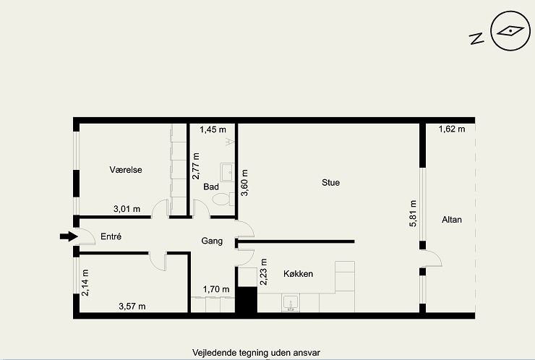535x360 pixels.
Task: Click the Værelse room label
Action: click(x=126, y=170)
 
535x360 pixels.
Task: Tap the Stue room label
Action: click(x=330, y=183)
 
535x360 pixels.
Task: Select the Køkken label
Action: click(x=298, y=274)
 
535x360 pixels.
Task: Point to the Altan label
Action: click(x=452, y=220)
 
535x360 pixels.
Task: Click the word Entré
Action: click(x=111, y=236)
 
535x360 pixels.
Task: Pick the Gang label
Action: click(x=212, y=241)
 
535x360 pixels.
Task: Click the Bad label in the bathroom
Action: click(x=211, y=187)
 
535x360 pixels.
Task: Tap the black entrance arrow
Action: click(x=69, y=236)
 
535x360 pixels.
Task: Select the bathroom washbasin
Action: click(x=227, y=172)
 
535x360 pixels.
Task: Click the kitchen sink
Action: click(x=291, y=303)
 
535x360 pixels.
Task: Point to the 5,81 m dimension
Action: click(x=413, y=213)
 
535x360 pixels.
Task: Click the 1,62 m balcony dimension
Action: click(x=452, y=129)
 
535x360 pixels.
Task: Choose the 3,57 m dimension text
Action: click(x=132, y=307)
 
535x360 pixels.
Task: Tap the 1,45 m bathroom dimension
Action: click(x=213, y=129)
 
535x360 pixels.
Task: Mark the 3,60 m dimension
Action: click(x=244, y=183)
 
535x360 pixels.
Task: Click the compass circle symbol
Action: click(x=510, y=31)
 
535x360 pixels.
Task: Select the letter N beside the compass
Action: click(x=476, y=38)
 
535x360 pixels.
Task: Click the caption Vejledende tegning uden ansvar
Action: click(x=256, y=353)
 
